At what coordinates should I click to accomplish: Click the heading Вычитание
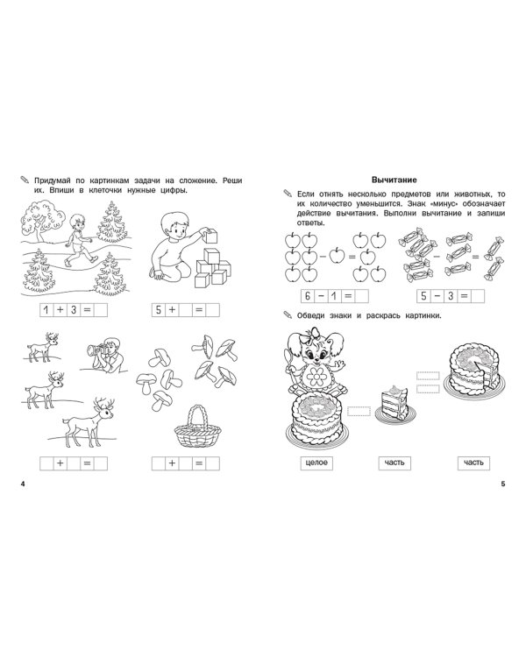pos(394,180)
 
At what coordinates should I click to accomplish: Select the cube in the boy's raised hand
pos(213,236)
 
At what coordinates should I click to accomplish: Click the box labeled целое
pos(316,463)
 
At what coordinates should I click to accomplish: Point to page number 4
pos(23,484)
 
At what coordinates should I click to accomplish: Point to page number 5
pos(503,484)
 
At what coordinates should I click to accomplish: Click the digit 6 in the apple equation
pos(308,296)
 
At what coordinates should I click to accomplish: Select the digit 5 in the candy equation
pos(423,296)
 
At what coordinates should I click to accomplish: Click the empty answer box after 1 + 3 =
pos(101,310)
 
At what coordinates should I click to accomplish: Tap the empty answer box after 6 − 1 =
pos(361,296)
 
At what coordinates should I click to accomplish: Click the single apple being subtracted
pos(337,255)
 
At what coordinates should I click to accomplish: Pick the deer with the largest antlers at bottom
pos(88,422)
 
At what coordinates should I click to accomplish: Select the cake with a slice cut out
pos(474,370)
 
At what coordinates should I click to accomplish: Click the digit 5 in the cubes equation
pos(159,310)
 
